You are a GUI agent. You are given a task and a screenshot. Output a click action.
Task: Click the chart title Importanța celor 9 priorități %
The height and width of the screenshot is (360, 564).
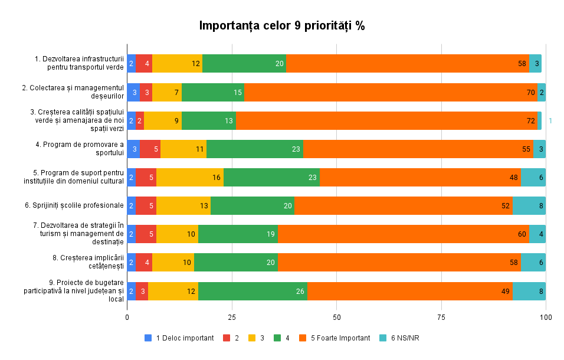(x=282, y=26)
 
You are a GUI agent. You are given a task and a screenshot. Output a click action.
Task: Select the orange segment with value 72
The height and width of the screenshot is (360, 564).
(x=386, y=120)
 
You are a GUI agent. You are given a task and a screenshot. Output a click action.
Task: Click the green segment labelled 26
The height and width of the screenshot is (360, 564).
(x=253, y=291)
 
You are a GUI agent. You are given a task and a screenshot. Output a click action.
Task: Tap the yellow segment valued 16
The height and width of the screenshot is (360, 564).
(x=190, y=177)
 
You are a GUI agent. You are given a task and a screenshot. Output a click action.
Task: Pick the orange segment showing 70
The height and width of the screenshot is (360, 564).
(x=391, y=92)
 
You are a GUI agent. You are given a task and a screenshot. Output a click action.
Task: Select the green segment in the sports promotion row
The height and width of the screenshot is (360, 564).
(x=254, y=149)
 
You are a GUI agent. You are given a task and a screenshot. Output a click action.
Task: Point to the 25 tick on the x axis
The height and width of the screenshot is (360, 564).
(x=232, y=318)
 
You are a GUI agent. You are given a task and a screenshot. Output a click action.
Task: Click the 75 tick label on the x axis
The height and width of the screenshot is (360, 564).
(x=441, y=318)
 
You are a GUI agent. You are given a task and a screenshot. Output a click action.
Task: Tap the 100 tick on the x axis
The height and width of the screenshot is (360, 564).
(x=546, y=318)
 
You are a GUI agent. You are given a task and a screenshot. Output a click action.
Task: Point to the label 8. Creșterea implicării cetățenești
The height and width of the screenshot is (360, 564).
(x=88, y=262)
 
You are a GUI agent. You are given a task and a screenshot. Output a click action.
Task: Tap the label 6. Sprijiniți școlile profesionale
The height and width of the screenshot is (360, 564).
(x=74, y=205)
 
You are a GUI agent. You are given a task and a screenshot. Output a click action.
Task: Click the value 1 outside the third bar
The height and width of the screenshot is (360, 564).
(x=550, y=121)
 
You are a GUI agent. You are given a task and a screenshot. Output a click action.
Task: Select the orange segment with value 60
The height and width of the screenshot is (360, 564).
(x=404, y=234)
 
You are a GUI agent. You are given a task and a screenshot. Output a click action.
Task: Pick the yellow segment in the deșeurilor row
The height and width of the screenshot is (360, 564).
(x=167, y=92)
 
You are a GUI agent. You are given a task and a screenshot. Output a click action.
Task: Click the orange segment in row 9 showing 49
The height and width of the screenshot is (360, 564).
(x=410, y=291)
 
